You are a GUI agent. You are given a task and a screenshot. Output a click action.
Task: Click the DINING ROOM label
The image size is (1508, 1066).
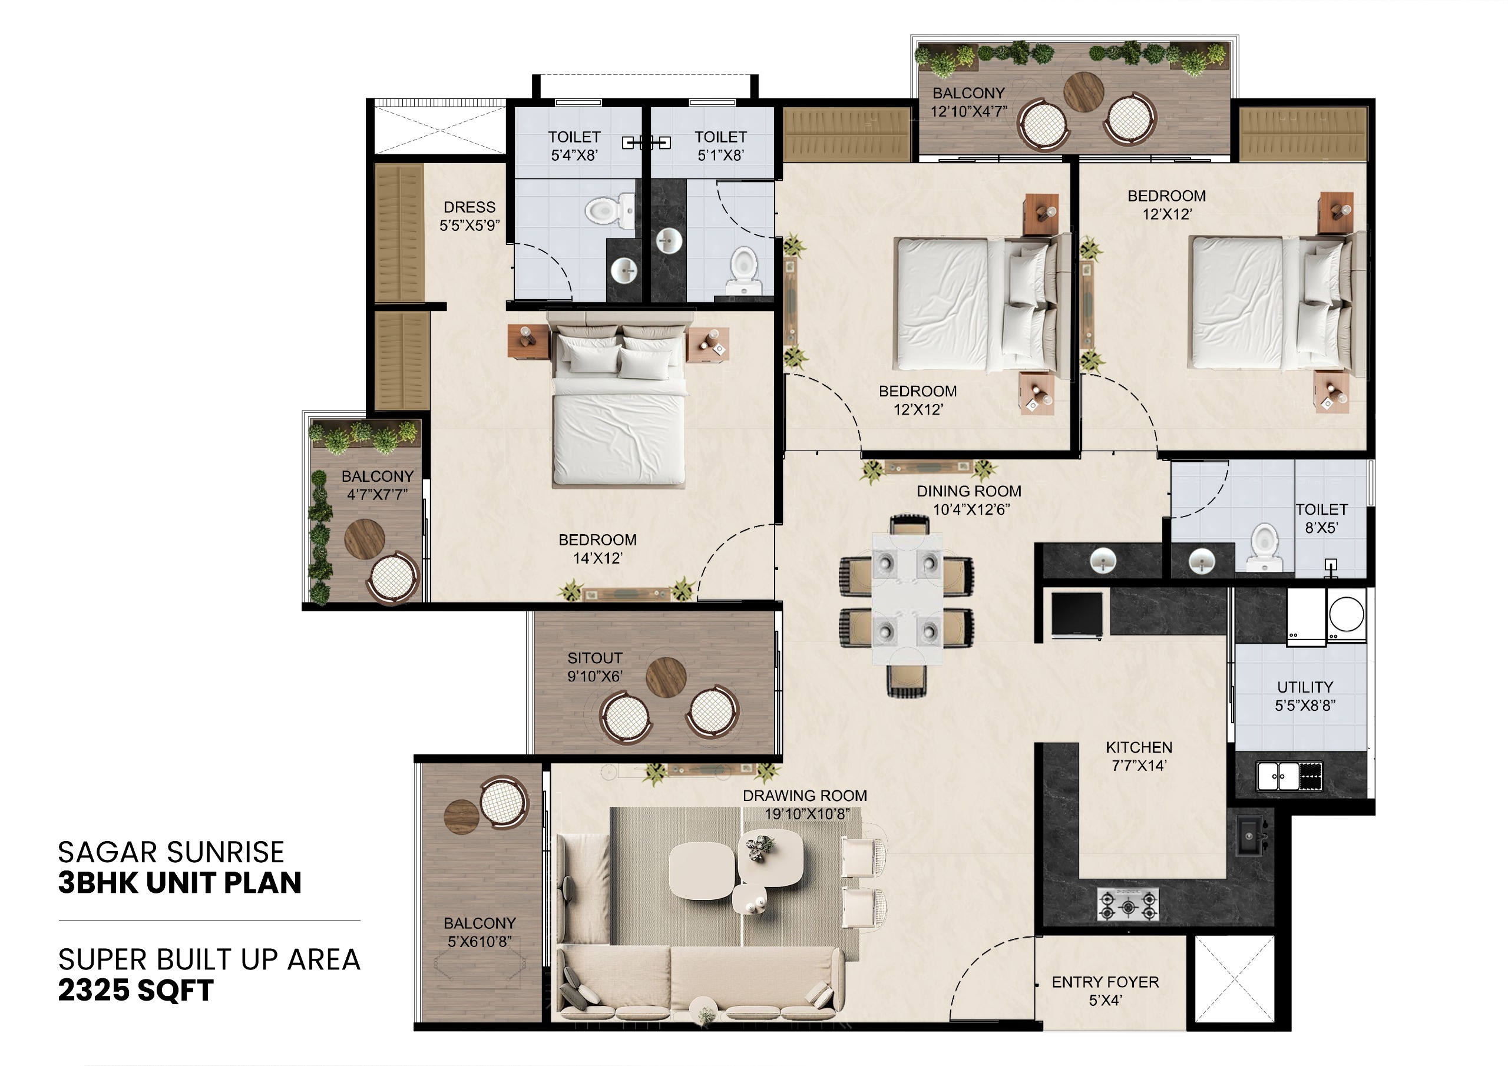[969, 491]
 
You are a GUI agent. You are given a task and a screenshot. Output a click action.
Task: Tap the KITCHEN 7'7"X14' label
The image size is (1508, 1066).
[1139, 757]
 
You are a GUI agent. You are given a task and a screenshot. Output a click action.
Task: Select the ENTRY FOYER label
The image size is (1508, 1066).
[1106, 982]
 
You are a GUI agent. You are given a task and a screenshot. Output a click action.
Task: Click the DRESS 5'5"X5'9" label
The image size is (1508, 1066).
[469, 216]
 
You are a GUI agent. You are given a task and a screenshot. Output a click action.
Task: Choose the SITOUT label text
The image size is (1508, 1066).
[595, 658]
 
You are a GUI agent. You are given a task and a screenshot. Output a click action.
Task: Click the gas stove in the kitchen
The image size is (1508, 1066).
[1127, 905]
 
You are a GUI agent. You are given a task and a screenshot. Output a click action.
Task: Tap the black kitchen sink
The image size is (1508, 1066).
[1251, 836]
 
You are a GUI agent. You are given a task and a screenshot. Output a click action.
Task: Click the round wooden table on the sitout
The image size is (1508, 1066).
[666, 677]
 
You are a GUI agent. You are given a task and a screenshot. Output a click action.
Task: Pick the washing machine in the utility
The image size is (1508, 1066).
[1347, 615]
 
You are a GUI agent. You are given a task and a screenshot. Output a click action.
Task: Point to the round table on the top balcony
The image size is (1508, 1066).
[1083, 92]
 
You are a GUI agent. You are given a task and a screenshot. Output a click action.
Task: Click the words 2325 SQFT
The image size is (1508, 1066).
[136, 991]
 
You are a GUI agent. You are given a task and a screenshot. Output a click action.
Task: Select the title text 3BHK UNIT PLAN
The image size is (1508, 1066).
[179, 883]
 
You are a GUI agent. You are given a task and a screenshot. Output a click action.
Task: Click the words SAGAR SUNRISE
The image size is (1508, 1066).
[171, 853]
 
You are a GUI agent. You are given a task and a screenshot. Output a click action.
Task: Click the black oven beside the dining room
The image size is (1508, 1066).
[1077, 615]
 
